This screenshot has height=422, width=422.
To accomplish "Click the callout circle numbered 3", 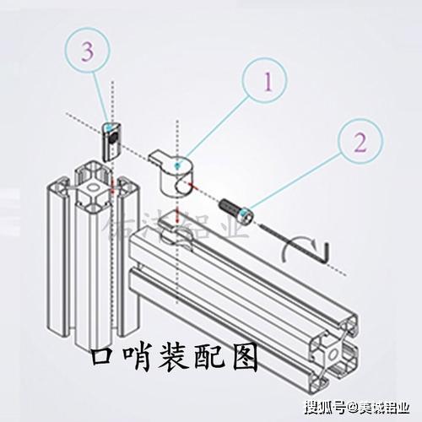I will [x=88, y=50].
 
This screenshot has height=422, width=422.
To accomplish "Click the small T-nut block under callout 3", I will [x=111, y=140].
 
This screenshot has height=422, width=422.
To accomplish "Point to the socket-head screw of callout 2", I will [x=235, y=208].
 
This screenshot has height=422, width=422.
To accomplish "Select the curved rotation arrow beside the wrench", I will [x=291, y=250].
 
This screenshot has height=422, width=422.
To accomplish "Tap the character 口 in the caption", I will [x=104, y=359].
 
